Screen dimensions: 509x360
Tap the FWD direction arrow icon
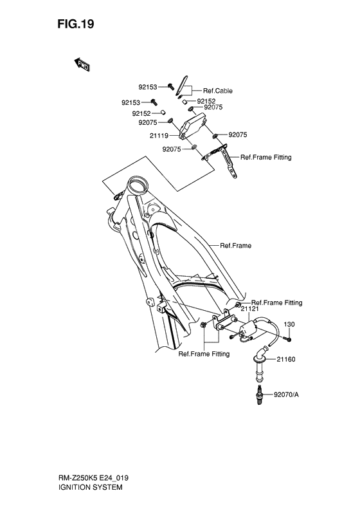[x=83, y=63]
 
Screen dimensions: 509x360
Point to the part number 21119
[x=159, y=136]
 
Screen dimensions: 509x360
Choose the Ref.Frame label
[x=235, y=245]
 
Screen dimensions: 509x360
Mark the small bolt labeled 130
[x=290, y=338]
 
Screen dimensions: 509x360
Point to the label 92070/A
[x=286, y=394]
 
